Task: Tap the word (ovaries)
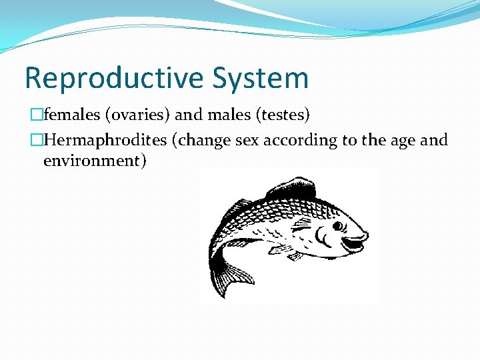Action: coord(136,115)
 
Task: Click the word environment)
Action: coord(94,161)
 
